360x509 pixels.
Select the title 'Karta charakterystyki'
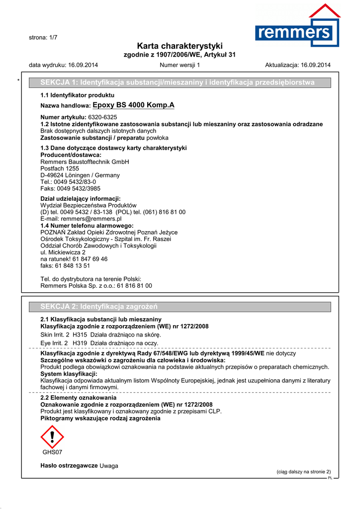[180, 46]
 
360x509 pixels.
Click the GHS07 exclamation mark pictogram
[52, 436]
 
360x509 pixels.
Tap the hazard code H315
[80, 335]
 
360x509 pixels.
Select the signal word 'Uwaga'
[109, 465]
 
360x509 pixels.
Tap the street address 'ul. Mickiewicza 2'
[63, 253]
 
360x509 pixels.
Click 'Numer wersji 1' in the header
[180, 65]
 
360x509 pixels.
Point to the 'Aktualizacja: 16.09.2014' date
[298, 65]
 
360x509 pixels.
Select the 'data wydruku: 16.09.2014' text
[63, 65]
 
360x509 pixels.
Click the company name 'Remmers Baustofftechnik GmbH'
[84, 162]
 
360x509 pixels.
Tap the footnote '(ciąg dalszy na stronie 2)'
[303, 472]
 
